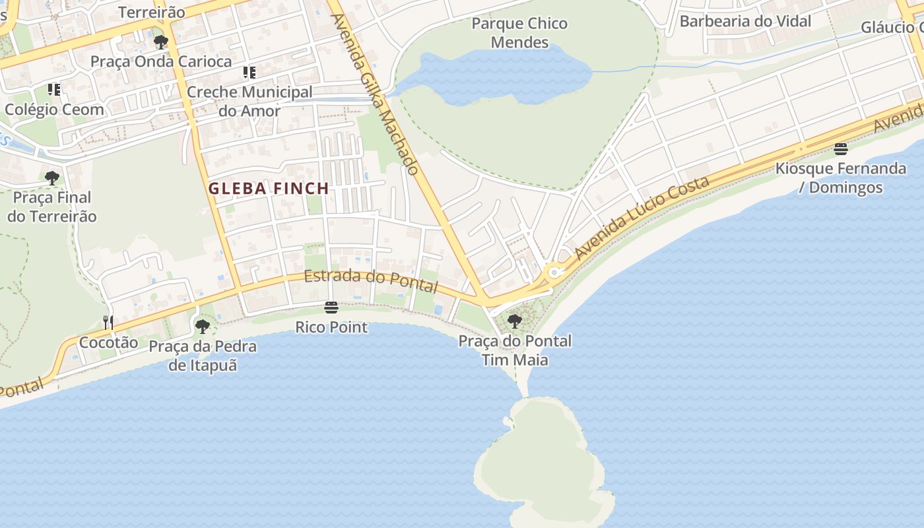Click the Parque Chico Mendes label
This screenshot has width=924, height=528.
(x=519, y=33)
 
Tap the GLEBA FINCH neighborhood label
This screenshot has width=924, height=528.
(x=269, y=189)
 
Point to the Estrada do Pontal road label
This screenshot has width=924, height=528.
(x=371, y=280)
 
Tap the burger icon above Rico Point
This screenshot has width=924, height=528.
(x=331, y=308)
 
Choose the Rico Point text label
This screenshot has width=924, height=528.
(x=331, y=327)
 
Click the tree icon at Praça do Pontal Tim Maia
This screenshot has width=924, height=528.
(x=515, y=321)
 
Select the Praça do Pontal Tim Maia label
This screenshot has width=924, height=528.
(x=515, y=350)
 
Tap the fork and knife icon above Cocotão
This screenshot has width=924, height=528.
(x=108, y=323)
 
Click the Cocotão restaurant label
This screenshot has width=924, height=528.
(x=108, y=343)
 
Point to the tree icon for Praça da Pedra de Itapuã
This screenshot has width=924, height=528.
(x=203, y=326)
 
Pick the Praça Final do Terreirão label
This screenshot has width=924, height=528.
(x=52, y=207)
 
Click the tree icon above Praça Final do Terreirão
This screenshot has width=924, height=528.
(x=52, y=178)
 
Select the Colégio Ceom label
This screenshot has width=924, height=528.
(x=54, y=110)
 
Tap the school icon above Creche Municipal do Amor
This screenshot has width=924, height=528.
(x=249, y=73)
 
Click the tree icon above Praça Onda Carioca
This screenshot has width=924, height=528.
(x=160, y=43)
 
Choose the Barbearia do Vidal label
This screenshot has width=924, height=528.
(x=745, y=21)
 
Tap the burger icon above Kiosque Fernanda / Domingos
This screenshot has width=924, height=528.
(x=840, y=149)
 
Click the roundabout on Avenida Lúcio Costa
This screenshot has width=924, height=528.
(x=554, y=271)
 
